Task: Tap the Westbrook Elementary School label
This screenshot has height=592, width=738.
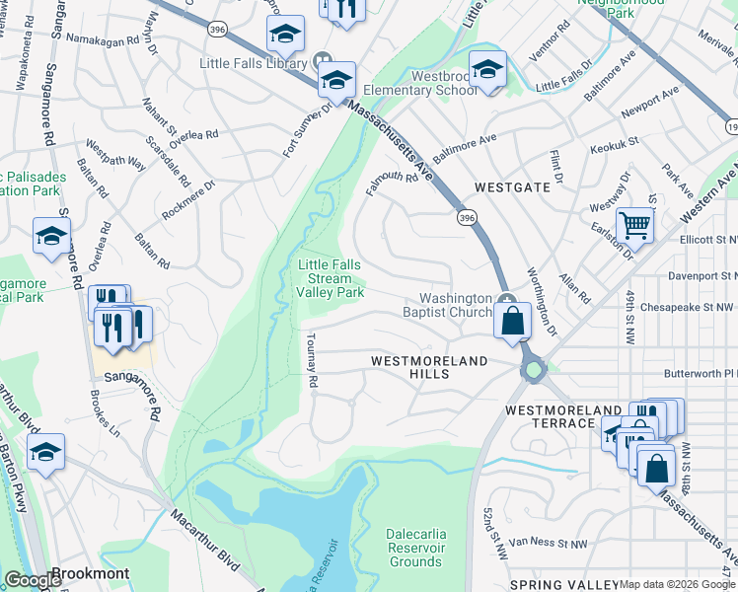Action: point(430,83)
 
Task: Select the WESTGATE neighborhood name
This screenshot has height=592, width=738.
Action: point(512,186)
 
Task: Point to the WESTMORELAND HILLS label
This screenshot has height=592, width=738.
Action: point(429,361)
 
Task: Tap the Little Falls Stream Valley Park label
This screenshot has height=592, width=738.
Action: point(331,278)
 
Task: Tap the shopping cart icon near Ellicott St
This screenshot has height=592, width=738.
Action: point(634,226)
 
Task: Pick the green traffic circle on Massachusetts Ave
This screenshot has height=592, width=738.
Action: point(534,371)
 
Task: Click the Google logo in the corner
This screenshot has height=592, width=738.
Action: point(33,580)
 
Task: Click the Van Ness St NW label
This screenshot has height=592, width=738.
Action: point(549,544)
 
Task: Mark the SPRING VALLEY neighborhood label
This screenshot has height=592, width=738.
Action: point(559,584)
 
